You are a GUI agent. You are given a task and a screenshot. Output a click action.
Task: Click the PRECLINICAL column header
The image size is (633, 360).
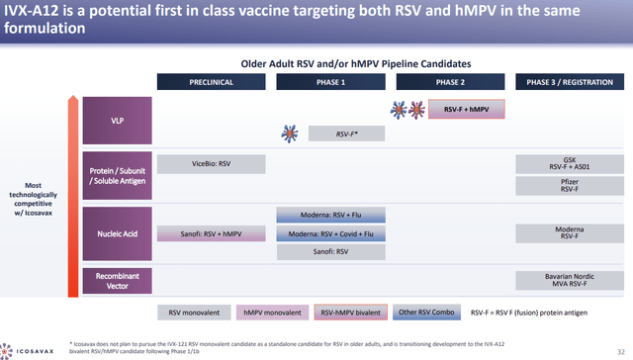[x=211, y=82]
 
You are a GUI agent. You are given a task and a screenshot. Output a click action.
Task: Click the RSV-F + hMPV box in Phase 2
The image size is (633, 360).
[x=466, y=110]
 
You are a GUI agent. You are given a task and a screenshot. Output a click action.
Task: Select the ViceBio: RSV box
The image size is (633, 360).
[x=211, y=163]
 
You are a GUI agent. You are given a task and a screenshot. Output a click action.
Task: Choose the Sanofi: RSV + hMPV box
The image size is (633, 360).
[x=211, y=234]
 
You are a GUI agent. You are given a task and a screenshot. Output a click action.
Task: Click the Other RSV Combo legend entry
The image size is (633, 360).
[x=424, y=313]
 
